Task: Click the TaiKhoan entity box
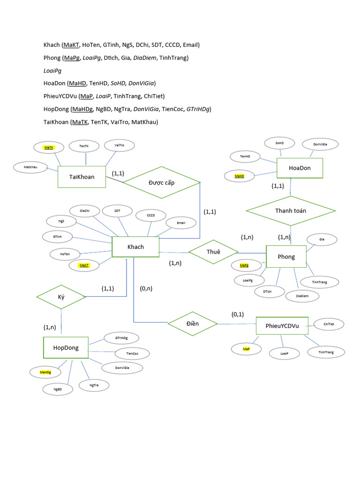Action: click(x=82, y=177)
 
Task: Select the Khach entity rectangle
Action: click(x=135, y=247)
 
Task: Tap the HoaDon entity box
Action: click(x=300, y=168)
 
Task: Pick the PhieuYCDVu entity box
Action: click(x=282, y=326)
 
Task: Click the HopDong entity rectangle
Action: click(x=66, y=347)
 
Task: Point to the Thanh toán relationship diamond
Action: click(x=291, y=211)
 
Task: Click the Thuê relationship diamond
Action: click(x=213, y=252)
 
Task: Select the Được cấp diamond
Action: click(x=161, y=182)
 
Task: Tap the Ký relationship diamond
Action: click(x=61, y=297)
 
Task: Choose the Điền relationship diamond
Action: click(x=193, y=323)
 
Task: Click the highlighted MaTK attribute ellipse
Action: click(x=49, y=147)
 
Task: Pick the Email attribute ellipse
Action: click(x=181, y=223)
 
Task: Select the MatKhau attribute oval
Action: click(x=30, y=167)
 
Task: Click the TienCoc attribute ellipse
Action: click(x=132, y=353)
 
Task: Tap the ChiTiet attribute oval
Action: click(x=329, y=324)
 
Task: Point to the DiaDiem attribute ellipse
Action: click(x=302, y=296)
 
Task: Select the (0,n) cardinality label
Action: click(x=146, y=288)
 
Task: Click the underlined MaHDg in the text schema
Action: click(x=82, y=109)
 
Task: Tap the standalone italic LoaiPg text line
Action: click(x=52, y=71)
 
